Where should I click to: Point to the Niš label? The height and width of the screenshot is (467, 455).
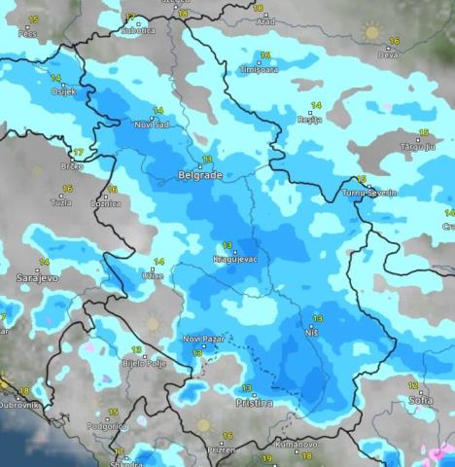tap(314, 334)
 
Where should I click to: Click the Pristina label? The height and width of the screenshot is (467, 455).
tap(253, 401)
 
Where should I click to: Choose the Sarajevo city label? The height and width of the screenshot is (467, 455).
tap(37, 278)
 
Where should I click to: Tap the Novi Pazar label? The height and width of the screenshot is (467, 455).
tap(202, 338)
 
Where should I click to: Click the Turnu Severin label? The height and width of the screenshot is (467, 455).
tap(370, 193)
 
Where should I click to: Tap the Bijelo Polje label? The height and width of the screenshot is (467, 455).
tap(142, 364)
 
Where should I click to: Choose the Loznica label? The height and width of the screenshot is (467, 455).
tap(104, 203)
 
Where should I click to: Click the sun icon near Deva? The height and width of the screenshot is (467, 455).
tap(370, 32)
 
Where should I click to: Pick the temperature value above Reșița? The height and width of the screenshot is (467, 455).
tap(315, 105)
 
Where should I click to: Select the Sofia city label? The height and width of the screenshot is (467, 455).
tap(422, 400)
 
